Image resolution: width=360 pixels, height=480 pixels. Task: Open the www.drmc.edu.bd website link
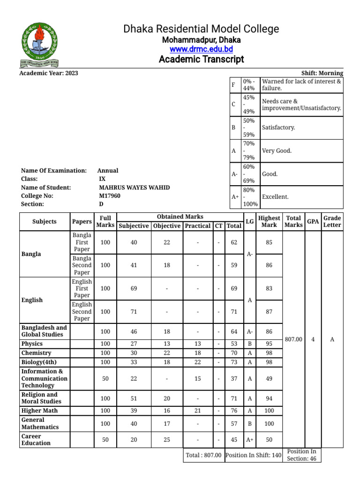(x=201, y=49)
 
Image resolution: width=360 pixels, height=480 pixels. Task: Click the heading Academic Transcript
(x=201, y=60)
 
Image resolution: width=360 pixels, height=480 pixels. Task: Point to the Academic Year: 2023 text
(x=49, y=73)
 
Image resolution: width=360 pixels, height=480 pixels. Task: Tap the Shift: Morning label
(x=323, y=73)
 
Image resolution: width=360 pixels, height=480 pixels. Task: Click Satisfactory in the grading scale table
(x=279, y=127)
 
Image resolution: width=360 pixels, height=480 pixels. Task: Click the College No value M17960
(x=109, y=196)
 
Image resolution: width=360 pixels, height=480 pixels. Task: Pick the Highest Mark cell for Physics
(x=269, y=344)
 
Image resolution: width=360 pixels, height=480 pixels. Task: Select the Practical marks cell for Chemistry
(x=197, y=353)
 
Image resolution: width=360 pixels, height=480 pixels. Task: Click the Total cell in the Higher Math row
(x=234, y=411)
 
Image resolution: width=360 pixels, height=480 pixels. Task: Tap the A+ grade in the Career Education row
(x=250, y=440)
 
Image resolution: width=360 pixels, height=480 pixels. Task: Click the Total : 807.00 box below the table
(x=203, y=455)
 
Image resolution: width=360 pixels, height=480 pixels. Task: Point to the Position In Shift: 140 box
(x=254, y=455)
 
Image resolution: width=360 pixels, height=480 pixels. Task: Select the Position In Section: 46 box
(x=302, y=455)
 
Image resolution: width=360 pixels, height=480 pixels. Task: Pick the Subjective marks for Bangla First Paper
(x=134, y=242)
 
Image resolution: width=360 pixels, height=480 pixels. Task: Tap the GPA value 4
(x=313, y=339)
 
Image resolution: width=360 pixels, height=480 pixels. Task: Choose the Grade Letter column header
(x=332, y=221)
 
